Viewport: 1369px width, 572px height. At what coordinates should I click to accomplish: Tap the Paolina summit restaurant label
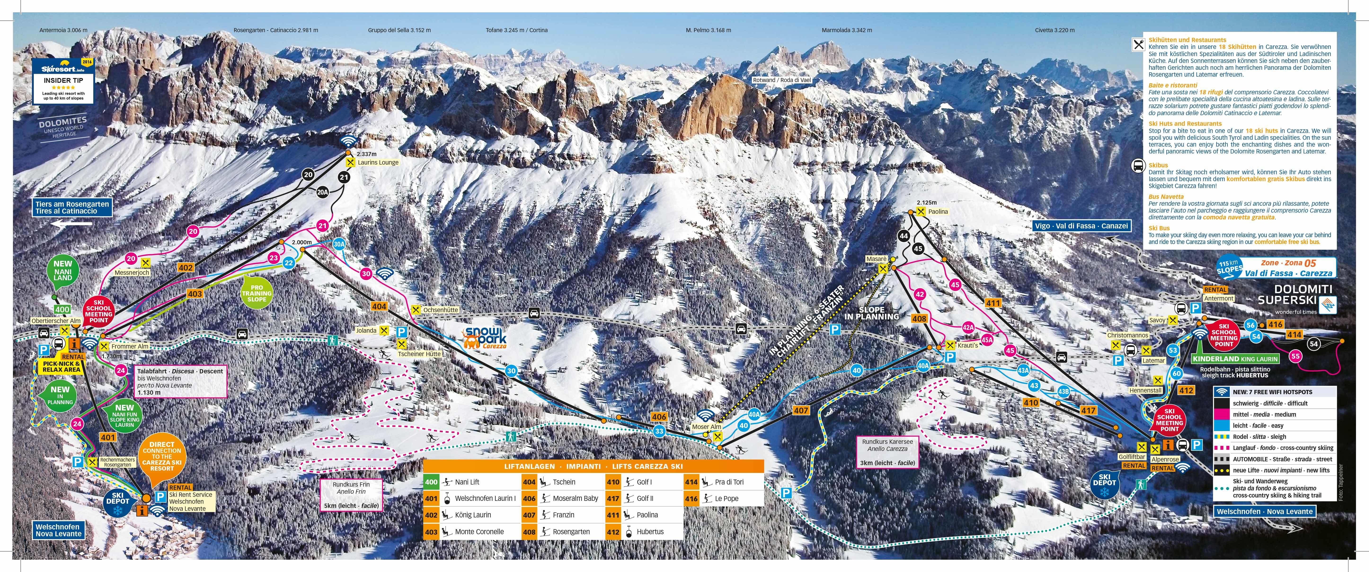[937, 211]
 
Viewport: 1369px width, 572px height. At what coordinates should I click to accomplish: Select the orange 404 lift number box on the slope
[379, 306]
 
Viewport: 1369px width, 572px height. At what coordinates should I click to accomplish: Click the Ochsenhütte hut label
[440, 310]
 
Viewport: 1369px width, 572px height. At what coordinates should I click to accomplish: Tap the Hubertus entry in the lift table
[650, 532]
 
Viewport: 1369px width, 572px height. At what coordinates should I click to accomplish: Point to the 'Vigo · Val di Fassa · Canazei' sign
[1081, 226]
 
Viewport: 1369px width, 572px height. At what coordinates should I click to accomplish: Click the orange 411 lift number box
[993, 303]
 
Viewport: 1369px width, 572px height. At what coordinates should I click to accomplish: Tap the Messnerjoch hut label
[132, 272]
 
